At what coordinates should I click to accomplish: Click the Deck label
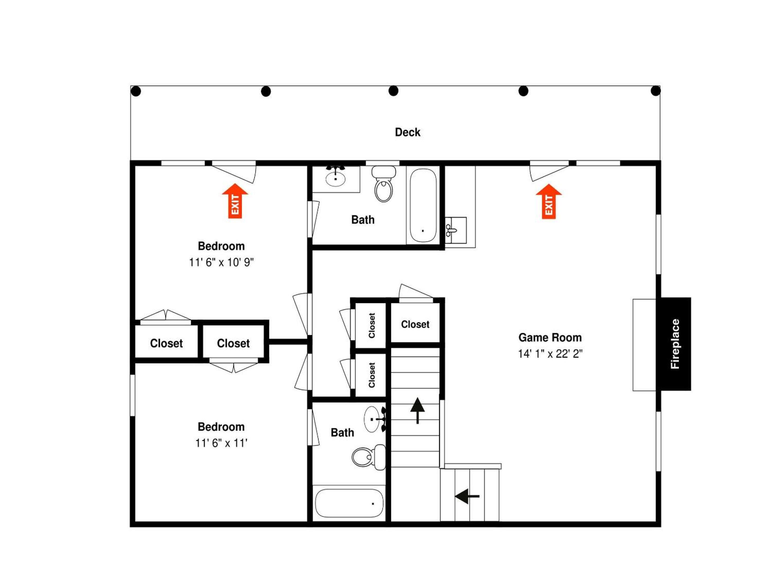407,132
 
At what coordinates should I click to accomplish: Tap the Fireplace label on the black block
675,344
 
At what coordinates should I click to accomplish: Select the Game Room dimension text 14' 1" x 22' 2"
550,354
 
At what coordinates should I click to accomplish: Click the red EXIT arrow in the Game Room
549,201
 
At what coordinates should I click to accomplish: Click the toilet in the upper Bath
384,184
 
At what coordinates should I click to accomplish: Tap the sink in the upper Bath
335,178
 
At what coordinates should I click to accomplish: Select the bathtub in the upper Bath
423,206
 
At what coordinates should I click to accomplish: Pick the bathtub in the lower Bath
349,503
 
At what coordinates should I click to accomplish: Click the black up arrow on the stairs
417,410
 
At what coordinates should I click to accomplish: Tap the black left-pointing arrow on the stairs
467,496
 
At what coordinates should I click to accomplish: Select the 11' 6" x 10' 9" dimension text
221,262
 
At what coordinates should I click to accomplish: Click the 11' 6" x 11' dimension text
221,443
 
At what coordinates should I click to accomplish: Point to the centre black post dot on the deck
393,91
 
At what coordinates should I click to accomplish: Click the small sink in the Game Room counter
456,230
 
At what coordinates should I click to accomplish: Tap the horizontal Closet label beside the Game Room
415,324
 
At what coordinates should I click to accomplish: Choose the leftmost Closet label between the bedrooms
166,343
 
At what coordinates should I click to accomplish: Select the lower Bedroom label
221,426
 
